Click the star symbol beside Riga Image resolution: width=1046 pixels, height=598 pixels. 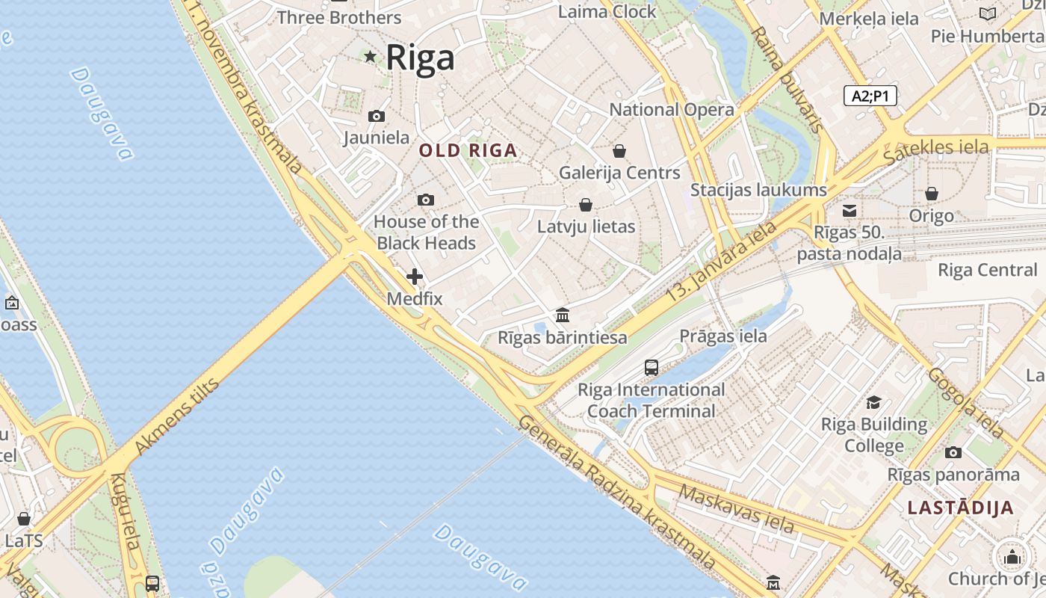coord(370,56)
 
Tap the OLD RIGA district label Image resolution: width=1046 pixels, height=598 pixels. coord(468,150)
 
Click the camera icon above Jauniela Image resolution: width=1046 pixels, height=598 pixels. coord(377,116)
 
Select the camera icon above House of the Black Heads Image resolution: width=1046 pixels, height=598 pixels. coord(426,200)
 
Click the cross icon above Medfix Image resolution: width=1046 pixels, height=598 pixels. coord(415,277)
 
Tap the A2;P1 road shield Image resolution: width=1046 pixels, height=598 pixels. coord(870,96)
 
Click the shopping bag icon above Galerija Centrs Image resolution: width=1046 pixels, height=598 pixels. coord(619,151)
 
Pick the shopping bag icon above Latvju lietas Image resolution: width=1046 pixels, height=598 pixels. coord(586,205)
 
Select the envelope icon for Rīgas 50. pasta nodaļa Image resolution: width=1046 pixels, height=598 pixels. coord(850,211)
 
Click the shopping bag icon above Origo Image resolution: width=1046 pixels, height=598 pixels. coord(932,194)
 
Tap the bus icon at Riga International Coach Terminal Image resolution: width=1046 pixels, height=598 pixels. coord(652,368)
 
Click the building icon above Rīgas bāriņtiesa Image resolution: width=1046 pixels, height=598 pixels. coord(563,315)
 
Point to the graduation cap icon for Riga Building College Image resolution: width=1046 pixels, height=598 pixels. coord(873,403)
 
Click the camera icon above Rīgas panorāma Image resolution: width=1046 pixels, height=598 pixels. coord(953,452)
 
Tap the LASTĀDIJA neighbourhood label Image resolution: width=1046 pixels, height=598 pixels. coord(961,508)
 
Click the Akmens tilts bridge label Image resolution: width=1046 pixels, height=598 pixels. coord(176,417)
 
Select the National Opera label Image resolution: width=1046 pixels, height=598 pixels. coord(672,110)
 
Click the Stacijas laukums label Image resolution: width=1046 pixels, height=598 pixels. coord(758,190)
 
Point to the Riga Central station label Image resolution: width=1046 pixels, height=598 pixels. coord(988,270)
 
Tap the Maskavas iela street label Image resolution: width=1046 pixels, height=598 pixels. coord(736,508)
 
